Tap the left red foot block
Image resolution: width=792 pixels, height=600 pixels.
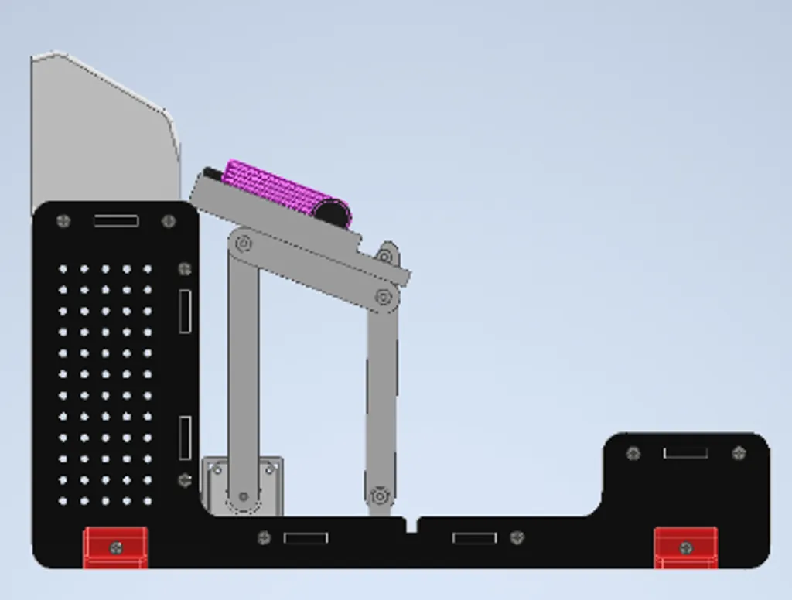coord(115,547)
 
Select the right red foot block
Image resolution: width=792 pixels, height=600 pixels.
coord(685,547)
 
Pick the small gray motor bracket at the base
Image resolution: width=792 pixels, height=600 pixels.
coord(242,485)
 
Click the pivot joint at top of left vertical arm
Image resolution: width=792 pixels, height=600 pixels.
coord(244,244)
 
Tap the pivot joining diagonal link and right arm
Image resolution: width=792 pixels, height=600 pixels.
coord(383,296)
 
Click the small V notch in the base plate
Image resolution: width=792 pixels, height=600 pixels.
coord(411,525)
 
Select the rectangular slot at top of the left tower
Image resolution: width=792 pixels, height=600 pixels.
coord(116,221)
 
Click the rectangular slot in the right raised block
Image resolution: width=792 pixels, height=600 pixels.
coord(685,452)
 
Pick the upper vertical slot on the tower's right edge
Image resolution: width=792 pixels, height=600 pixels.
coord(186,312)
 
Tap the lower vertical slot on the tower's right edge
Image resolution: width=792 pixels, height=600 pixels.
coord(186,438)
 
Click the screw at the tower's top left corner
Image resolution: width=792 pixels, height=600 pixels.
coord(64,221)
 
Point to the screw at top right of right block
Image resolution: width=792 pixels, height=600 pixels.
coord(739,453)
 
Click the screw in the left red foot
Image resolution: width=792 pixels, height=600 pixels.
coord(116,548)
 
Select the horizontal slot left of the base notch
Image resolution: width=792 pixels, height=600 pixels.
coord(306,537)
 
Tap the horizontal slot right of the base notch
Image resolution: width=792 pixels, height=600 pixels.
coord(474,537)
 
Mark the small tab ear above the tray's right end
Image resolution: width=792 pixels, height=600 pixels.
coord(387,252)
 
